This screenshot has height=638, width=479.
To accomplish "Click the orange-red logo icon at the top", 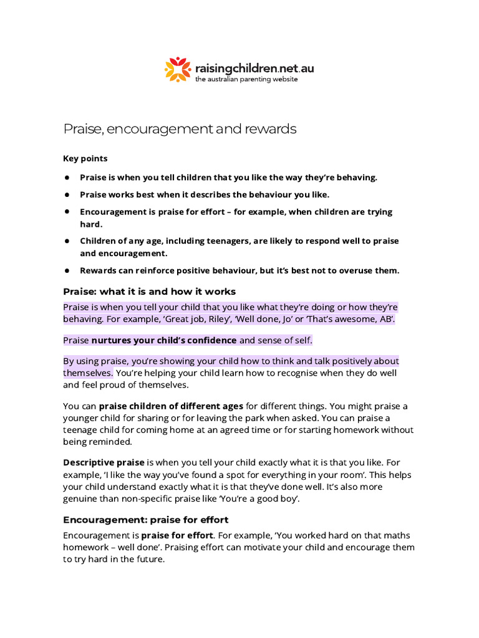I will [178, 69].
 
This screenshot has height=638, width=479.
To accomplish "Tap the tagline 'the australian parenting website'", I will [246, 80].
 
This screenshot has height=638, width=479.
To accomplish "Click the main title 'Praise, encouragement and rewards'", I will [180, 129].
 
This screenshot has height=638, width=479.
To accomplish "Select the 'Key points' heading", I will [85, 158].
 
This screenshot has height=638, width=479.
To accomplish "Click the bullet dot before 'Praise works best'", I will [66, 194].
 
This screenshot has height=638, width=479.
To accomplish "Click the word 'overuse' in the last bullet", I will [344, 270].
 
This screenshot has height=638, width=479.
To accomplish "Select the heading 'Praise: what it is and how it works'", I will [149, 292].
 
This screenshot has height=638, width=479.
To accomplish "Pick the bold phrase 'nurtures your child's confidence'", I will [164, 340].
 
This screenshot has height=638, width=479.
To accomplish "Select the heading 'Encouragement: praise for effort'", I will [146, 520].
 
